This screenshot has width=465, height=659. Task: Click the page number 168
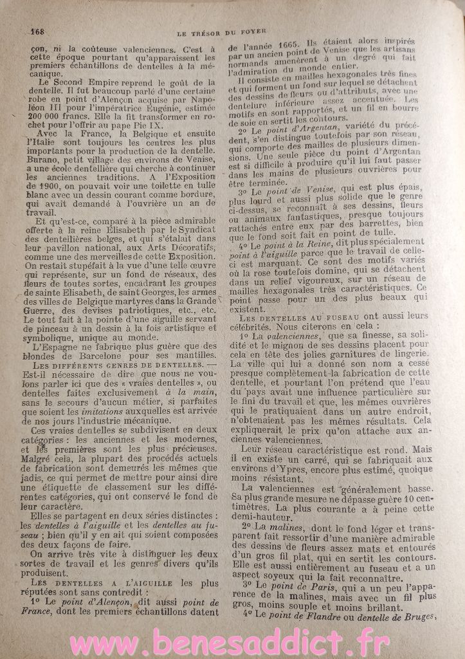(x=37, y=32)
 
